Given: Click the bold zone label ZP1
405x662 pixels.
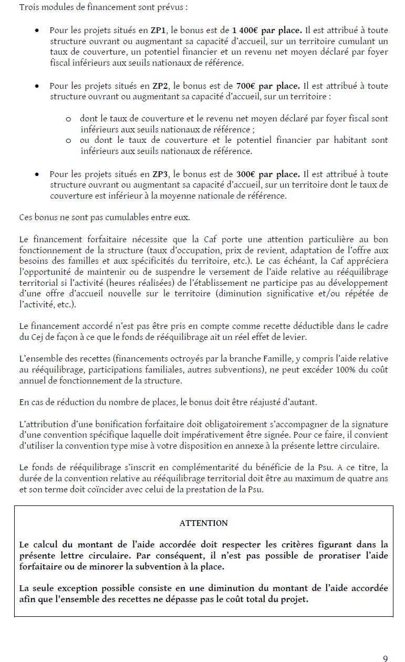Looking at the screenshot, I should click(159, 30).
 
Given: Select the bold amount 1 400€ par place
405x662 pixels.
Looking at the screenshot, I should click(266, 30).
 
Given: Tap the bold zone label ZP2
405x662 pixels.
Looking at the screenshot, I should click(160, 86).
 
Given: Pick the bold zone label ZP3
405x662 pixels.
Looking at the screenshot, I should click(160, 174).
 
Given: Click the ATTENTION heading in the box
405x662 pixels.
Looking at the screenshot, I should click(203, 523).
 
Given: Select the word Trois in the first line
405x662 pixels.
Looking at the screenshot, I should click(29, 8).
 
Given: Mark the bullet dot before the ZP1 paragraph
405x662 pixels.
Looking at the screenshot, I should click(37, 30).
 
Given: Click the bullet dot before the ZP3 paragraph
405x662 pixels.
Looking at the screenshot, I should click(37, 174).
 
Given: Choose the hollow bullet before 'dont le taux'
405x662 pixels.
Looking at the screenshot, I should click(68, 119).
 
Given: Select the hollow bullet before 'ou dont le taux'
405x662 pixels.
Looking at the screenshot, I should click(68, 141).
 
